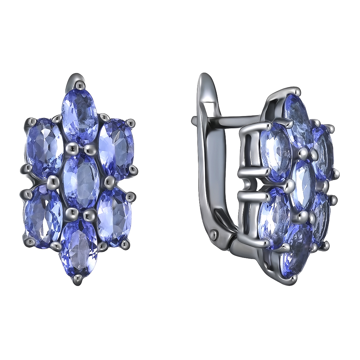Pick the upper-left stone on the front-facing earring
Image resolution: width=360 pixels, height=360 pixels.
click(44, 147)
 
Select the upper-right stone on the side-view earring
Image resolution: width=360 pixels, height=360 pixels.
click(324, 152)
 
